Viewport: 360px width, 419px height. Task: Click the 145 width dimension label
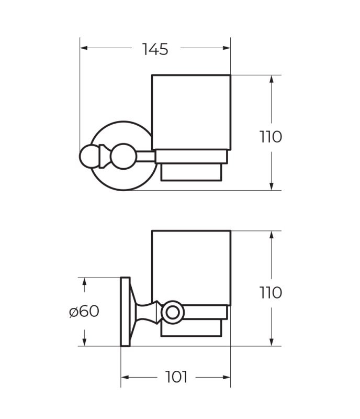[155, 49]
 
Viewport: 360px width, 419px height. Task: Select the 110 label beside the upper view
[271, 137]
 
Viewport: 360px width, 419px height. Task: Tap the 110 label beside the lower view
[271, 292]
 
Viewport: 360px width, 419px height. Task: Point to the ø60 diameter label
[84, 311]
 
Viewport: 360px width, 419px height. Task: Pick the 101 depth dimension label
[176, 377]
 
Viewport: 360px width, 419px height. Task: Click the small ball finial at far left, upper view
[89, 157]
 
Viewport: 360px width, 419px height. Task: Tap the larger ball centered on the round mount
[124, 156]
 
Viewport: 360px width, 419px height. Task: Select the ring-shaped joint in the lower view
[173, 312]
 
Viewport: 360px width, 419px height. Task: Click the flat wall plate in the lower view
[125, 312]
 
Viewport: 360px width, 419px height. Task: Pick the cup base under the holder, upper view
[192, 172]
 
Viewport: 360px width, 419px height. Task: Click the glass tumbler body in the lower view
[191, 267]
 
